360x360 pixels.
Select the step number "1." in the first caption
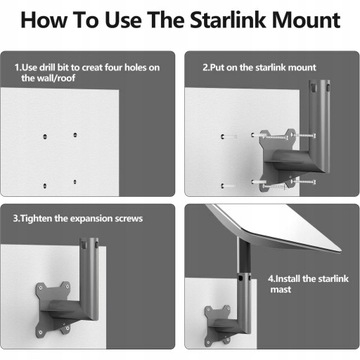coord(17,68)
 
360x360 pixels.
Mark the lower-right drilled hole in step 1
coord(75,181)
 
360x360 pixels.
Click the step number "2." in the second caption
coord(207,68)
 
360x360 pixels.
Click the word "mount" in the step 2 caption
coord(299,68)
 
